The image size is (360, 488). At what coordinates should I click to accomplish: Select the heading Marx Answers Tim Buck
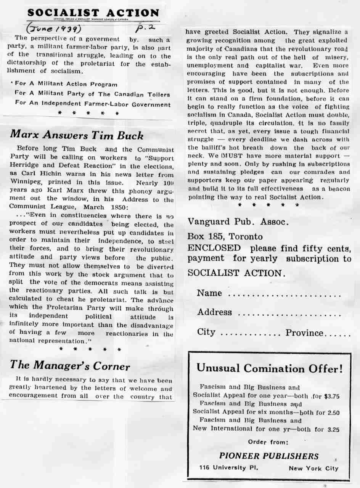click(77, 135)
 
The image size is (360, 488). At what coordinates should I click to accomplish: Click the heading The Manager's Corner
click(70, 366)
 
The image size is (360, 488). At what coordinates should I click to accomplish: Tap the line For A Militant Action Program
click(66, 84)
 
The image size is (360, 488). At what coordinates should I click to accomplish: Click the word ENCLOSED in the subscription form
click(214, 248)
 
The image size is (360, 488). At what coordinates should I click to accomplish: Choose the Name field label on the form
click(209, 293)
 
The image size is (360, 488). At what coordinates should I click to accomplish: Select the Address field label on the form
click(214, 312)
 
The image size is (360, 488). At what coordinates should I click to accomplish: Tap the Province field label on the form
click(304, 332)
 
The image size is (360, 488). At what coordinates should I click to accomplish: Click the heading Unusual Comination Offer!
click(269, 368)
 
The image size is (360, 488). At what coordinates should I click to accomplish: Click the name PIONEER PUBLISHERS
click(269, 456)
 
